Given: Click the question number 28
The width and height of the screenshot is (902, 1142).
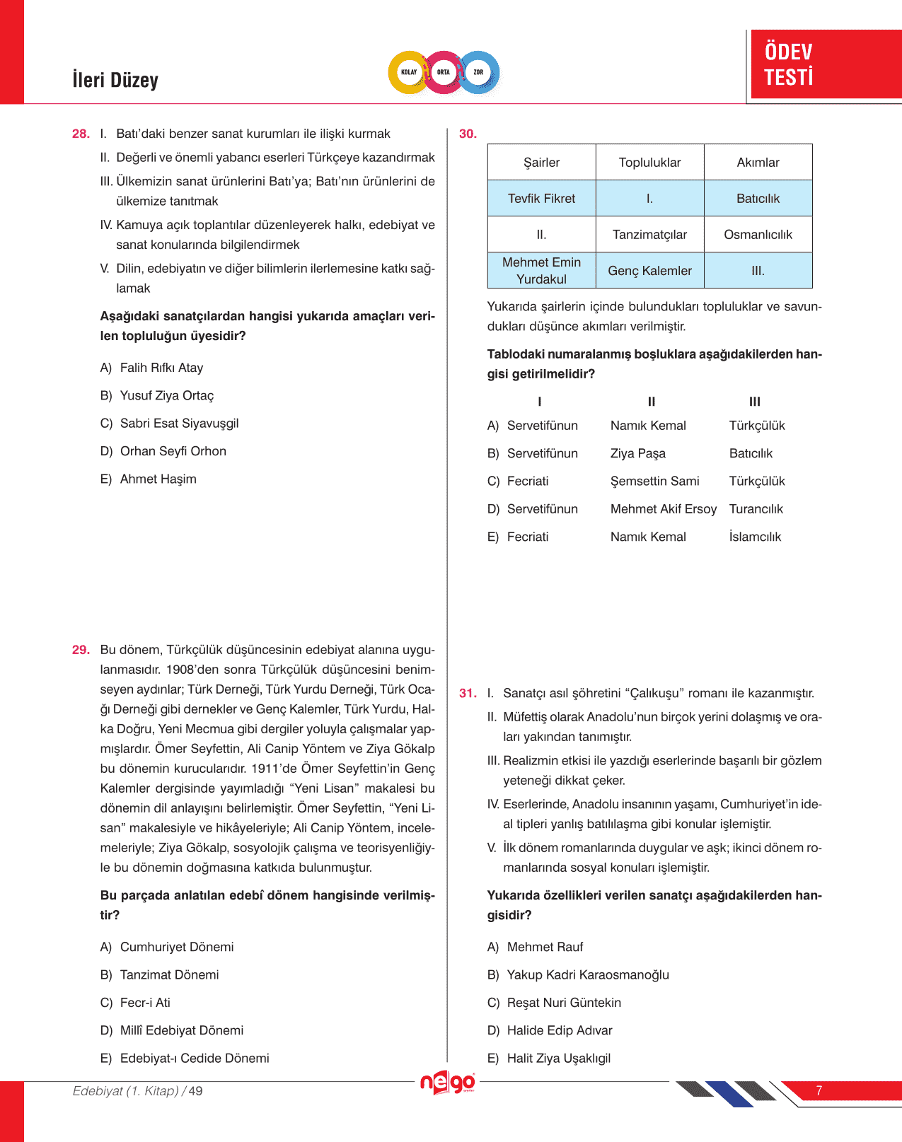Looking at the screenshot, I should tap(81, 134).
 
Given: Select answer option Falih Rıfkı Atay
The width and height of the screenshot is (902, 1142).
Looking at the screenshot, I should tap(161, 368).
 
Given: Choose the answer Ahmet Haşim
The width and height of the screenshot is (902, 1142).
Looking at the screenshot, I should tap(158, 479).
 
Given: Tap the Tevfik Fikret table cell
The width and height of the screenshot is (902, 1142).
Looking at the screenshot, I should tap(541, 199).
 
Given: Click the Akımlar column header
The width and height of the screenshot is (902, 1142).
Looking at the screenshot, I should tap(758, 163).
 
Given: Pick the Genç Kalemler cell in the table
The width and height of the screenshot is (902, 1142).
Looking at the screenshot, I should tap(649, 271).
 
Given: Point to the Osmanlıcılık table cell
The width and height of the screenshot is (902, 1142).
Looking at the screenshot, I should tap(758, 235).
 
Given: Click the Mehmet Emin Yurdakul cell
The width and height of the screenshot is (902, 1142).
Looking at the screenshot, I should tap(541, 271).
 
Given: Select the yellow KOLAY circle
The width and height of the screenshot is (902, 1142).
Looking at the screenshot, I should tap(409, 72).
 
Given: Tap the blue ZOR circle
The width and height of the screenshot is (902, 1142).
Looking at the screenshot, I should tap(479, 72).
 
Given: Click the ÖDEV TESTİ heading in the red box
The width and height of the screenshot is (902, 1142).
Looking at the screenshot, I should tap(789, 64).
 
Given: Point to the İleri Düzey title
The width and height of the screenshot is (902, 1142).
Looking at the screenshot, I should tap(115, 80).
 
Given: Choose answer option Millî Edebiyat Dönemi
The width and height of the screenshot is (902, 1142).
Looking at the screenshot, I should tap(181, 1030).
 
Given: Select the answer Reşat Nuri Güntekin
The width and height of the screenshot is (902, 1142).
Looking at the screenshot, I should tap(564, 1003).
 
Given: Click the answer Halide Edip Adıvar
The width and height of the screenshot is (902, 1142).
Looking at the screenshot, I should tap(560, 1030).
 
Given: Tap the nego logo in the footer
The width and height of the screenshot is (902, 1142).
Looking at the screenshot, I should tap(448, 1083).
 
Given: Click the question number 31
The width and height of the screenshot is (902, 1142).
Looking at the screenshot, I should tap(468, 694).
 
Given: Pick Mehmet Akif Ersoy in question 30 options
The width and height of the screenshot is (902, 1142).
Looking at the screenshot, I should tap(663, 509).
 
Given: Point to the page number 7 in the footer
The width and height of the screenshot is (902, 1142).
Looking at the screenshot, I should tap(819, 1090).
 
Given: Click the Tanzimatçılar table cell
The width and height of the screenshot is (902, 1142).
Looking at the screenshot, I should tap(649, 235).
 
